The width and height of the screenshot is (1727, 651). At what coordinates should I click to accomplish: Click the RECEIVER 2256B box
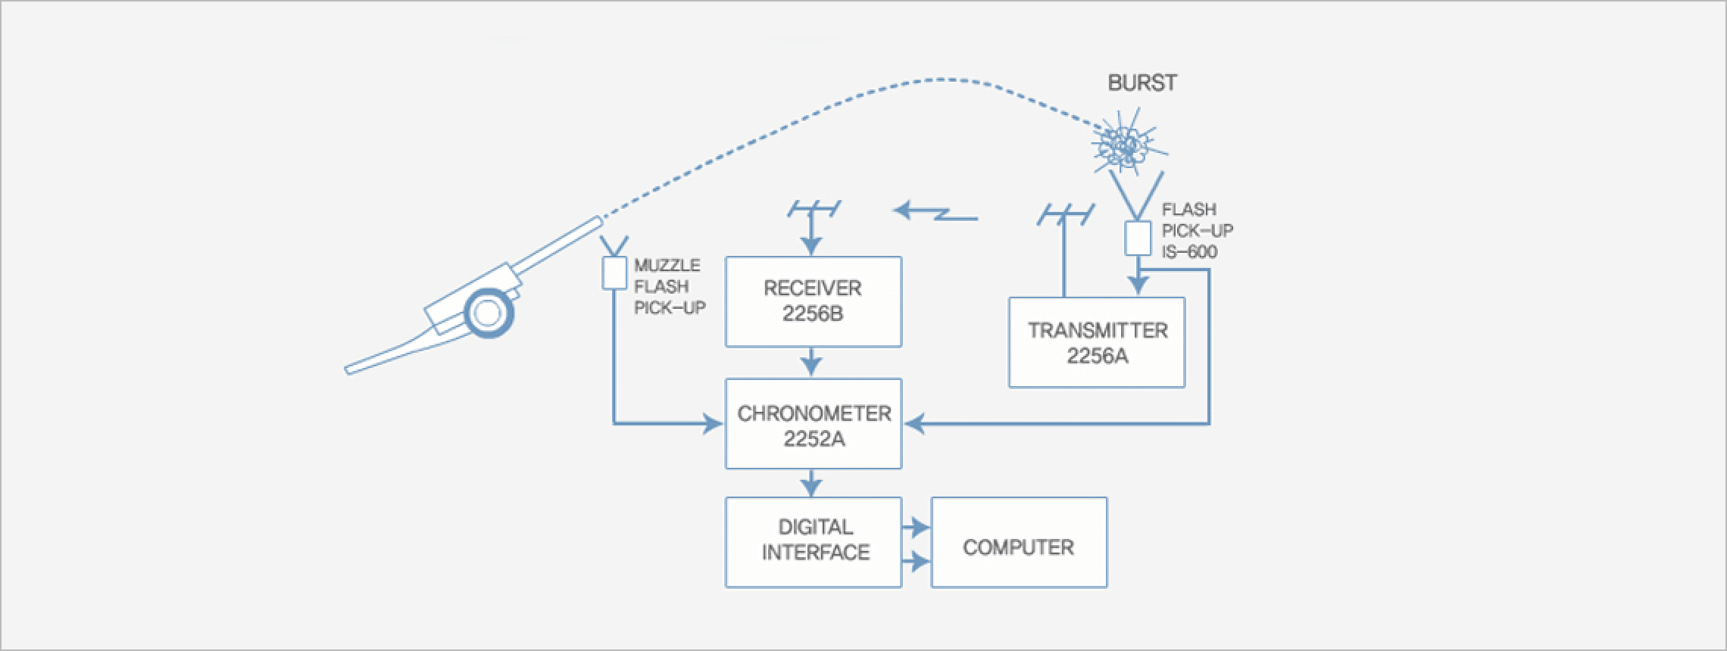(x=813, y=301)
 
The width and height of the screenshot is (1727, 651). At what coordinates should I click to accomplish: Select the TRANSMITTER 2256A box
(x=1096, y=342)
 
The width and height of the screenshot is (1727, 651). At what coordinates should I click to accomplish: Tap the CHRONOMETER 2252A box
(x=813, y=424)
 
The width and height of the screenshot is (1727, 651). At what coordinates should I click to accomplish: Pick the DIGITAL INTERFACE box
(x=813, y=542)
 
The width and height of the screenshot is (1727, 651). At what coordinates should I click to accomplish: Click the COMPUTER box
(x=1019, y=542)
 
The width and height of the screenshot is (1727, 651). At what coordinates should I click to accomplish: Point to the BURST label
(x=1141, y=83)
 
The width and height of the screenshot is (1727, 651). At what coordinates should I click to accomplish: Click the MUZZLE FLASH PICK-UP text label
(x=668, y=286)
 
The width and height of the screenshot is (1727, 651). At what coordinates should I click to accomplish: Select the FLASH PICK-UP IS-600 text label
(x=1197, y=231)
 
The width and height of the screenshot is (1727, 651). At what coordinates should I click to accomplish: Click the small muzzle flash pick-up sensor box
(x=614, y=273)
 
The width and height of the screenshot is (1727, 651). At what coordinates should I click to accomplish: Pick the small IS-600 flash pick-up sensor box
(x=1137, y=238)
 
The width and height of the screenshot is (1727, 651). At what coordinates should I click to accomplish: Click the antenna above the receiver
(x=813, y=208)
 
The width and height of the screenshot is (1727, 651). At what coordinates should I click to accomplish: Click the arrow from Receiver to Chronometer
(x=811, y=362)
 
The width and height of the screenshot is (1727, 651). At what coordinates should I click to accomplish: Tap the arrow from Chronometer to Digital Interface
(x=811, y=482)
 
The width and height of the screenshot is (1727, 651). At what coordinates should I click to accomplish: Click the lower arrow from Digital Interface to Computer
(x=916, y=562)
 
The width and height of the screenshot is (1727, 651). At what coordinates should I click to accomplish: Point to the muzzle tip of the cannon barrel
(x=598, y=220)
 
